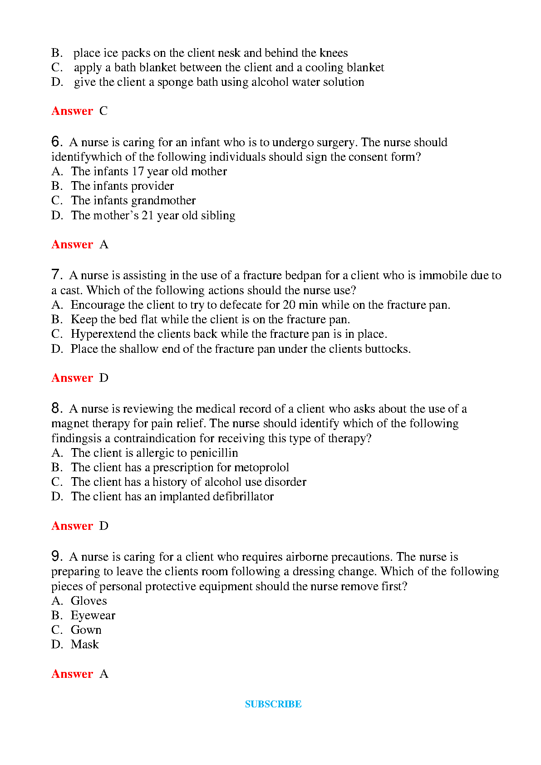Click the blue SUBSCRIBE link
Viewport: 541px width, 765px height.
[x=273, y=704]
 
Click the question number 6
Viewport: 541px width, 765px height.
[x=56, y=142]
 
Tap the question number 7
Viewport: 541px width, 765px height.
[x=56, y=275]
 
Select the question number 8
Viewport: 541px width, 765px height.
[x=56, y=408]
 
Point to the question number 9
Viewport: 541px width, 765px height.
[x=56, y=556]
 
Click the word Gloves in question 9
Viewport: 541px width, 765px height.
[x=89, y=601]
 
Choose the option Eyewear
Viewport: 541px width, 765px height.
[x=93, y=616]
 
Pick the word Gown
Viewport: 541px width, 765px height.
[x=86, y=630]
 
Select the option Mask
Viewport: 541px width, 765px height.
[x=84, y=645]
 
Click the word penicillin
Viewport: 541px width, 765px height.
[x=214, y=453]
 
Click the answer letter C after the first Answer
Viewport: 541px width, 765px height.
[x=103, y=111]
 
